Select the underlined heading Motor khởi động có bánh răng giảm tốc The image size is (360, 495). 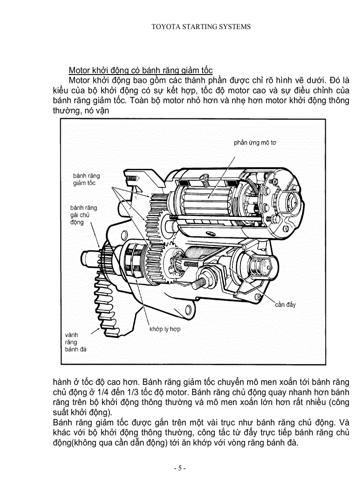tap(141, 71)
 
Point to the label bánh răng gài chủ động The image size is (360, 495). tap(83, 215)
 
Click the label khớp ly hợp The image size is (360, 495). tap(165, 329)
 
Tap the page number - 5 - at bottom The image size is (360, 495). tap(180, 468)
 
